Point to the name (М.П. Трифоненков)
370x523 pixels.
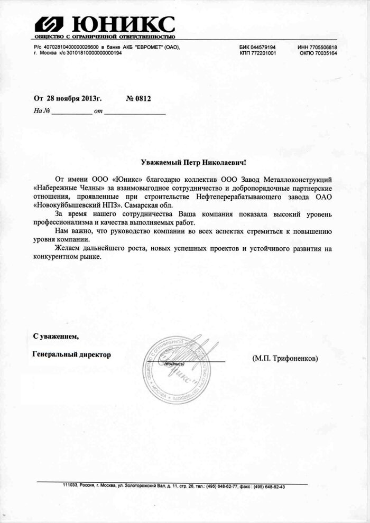285,358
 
